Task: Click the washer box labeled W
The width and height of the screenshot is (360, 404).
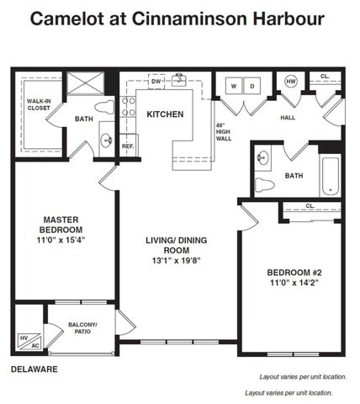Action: tap(234, 86)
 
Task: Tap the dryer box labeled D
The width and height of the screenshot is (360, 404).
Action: tap(252, 86)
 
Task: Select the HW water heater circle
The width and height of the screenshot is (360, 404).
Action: tap(291, 82)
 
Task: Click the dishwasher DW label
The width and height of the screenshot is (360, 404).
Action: tap(156, 82)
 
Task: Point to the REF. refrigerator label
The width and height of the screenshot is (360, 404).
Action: tap(128, 146)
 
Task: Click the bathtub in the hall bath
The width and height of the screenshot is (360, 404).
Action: tap(331, 176)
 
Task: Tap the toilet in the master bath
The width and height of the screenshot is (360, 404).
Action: tap(104, 107)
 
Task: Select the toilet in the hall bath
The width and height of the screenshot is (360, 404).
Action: tap(264, 185)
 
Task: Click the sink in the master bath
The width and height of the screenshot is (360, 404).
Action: tap(107, 139)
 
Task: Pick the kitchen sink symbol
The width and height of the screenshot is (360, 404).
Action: tap(178, 80)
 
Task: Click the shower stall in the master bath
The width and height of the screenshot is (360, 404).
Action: tap(86, 83)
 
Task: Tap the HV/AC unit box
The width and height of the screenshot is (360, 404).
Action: tap(29, 342)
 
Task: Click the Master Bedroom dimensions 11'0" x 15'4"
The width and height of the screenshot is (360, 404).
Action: tap(61, 240)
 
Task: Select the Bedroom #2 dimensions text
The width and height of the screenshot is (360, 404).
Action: tap(294, 283)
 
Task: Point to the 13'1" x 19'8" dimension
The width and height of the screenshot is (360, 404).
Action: tap(177, 261)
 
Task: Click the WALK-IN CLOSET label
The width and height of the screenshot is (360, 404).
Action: tap(39, 104)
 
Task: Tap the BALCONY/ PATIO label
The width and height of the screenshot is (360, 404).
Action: tap(82, 328)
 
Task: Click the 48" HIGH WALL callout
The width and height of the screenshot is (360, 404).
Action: tap(224, 132)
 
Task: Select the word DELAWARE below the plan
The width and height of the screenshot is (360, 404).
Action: tap(34, 369)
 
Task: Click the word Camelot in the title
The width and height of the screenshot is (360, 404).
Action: tap(67, 19)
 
